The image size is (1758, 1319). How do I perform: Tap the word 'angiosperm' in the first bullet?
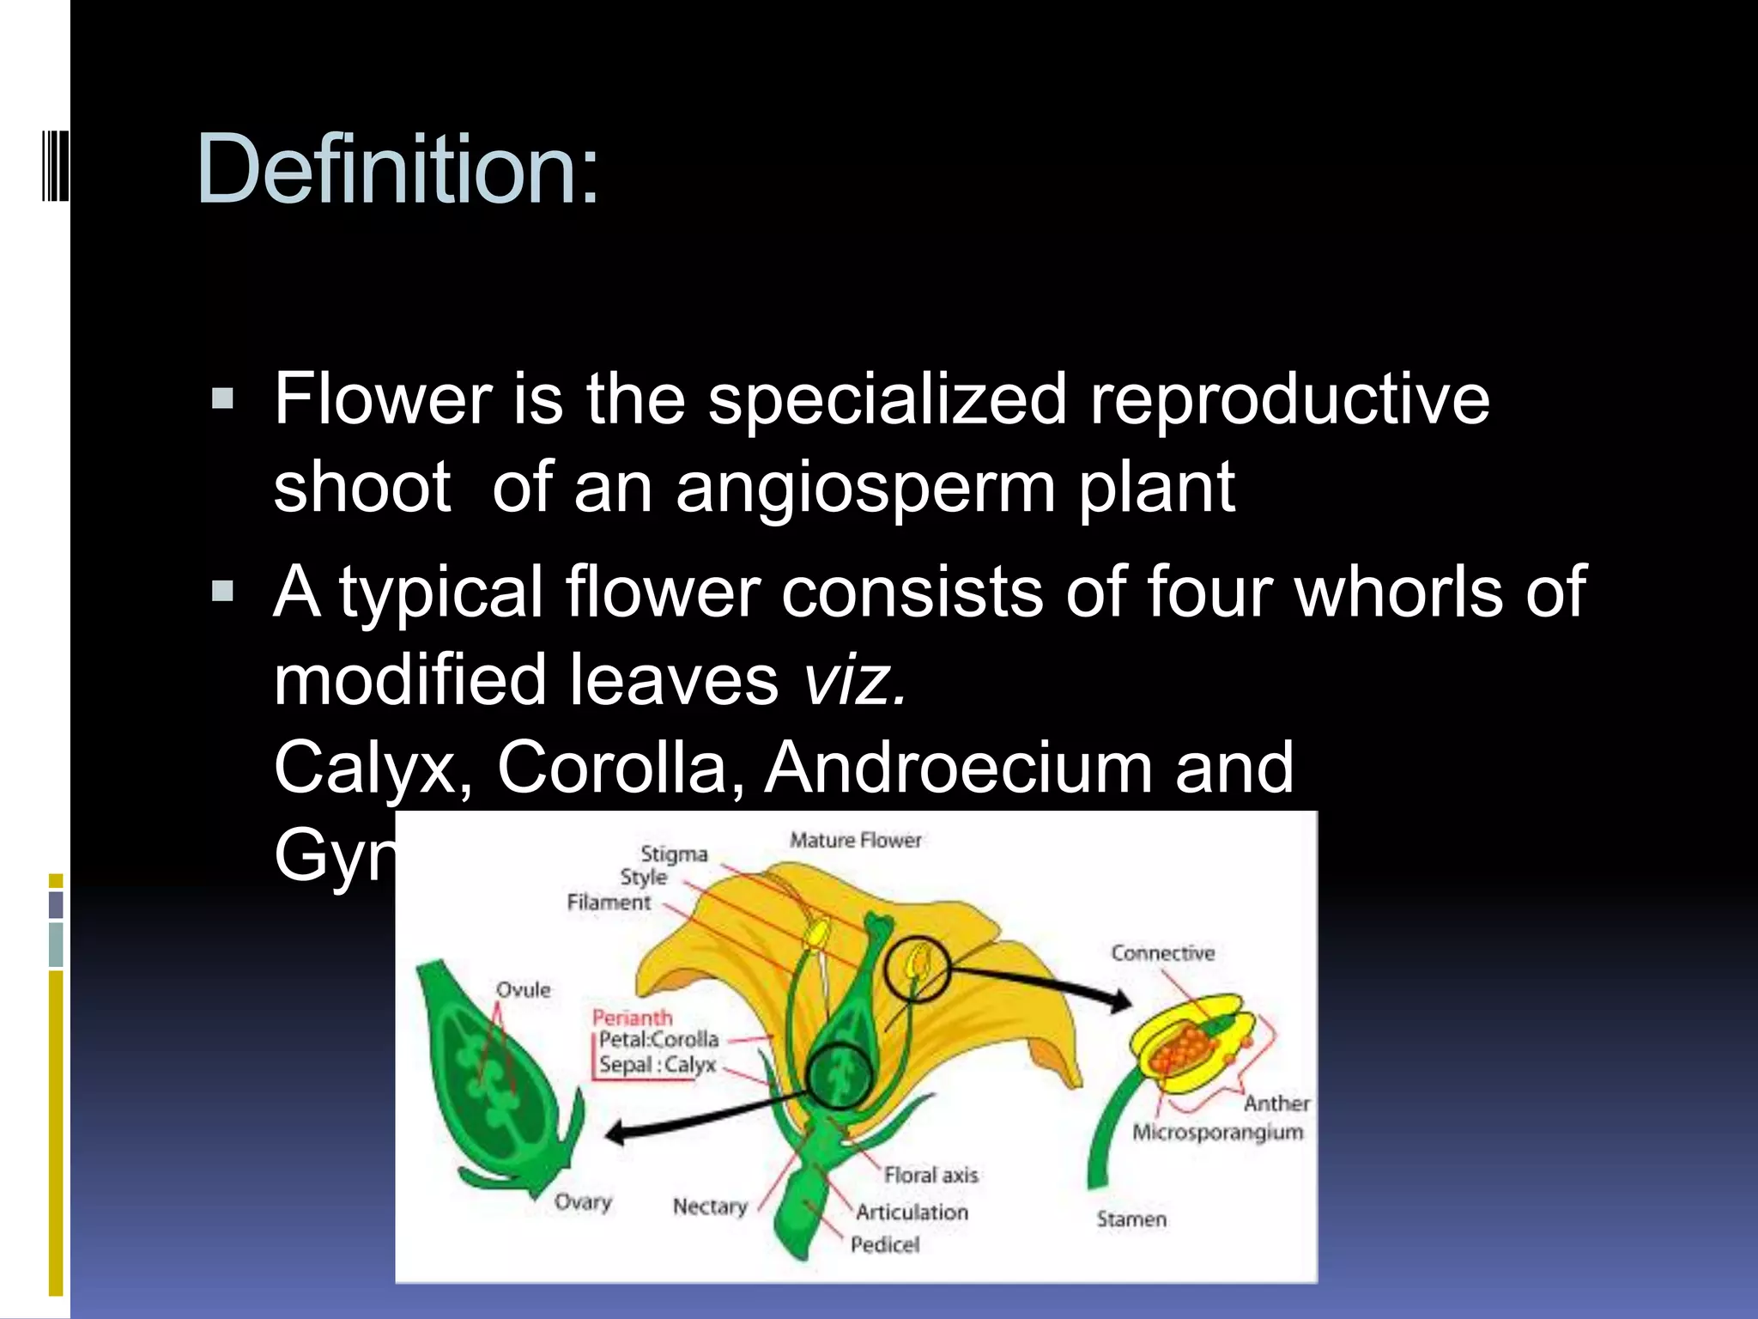pyautogui.click(x=865, y=488)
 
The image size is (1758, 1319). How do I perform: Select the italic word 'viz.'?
pyautogui.click(x=854, y=678)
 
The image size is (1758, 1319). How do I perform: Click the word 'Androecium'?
pyautogui.click(x=958, y=767)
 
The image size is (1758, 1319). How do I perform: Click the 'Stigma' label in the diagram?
pyautogui.click(x=674, y=854)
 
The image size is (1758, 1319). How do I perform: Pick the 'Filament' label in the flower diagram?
pyautogui.click(x=609, y=903)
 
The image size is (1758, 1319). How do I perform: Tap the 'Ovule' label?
pyautogui.click(x=523, y=990)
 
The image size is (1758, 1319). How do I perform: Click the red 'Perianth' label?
pyautogui.click(x=632, y=1018)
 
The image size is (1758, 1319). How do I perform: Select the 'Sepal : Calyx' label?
pyautogui.click(x=657, y=1065)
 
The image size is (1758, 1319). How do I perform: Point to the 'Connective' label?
pyautogui.click(x=1162, y=953)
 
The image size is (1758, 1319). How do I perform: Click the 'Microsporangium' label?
pyautogui.click(x=1217, y=1133)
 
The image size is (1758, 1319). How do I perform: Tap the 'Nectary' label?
pyautogui.click(x=709, y=1207)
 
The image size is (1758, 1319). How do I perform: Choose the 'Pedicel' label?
pyautogui.click(x=884, y=1244)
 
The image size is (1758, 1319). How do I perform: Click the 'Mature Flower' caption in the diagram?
pyautogui.click(x=855, y=840)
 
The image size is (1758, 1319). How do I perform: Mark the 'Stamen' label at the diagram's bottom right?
pyautogui.click(x=1131, y=1219)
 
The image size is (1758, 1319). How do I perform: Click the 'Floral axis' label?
pyautogui.click(x=931, y=1175)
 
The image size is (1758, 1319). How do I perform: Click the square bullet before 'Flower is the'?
pyautogui.click(x=222, y=399)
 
